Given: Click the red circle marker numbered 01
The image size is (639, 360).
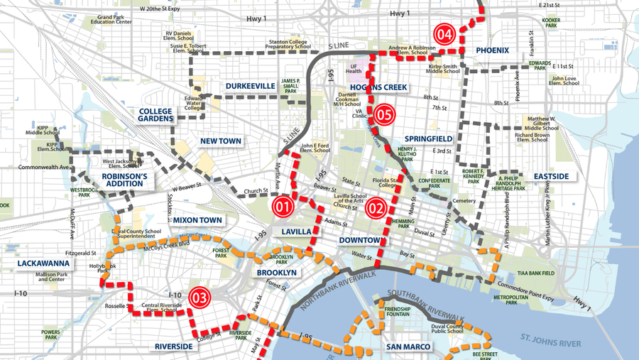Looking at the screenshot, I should coord(281,207).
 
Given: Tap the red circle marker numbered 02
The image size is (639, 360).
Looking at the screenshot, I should coord(375,208).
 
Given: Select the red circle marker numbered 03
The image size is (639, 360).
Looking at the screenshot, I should coord(200,298).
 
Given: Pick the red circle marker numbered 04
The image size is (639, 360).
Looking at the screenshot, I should coord(444,33).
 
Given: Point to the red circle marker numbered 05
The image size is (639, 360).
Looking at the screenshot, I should coord(384,113).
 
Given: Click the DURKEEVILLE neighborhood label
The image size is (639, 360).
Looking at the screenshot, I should coord(251,86).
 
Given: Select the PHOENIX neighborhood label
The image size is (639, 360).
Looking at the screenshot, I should coord(492,50).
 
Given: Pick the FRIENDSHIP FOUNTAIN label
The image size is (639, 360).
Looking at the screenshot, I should coord(398,313).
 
